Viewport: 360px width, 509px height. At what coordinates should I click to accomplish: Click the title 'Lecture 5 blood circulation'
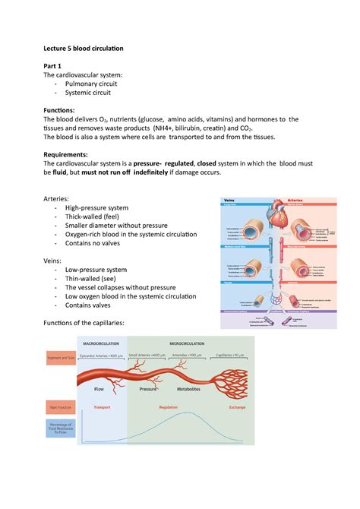coord(84,48)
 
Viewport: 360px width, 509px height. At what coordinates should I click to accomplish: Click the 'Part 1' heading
coord(55,65)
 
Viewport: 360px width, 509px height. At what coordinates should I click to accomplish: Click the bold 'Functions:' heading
coord(59,110)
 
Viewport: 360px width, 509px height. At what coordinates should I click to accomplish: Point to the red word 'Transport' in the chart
coord(101,407)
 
